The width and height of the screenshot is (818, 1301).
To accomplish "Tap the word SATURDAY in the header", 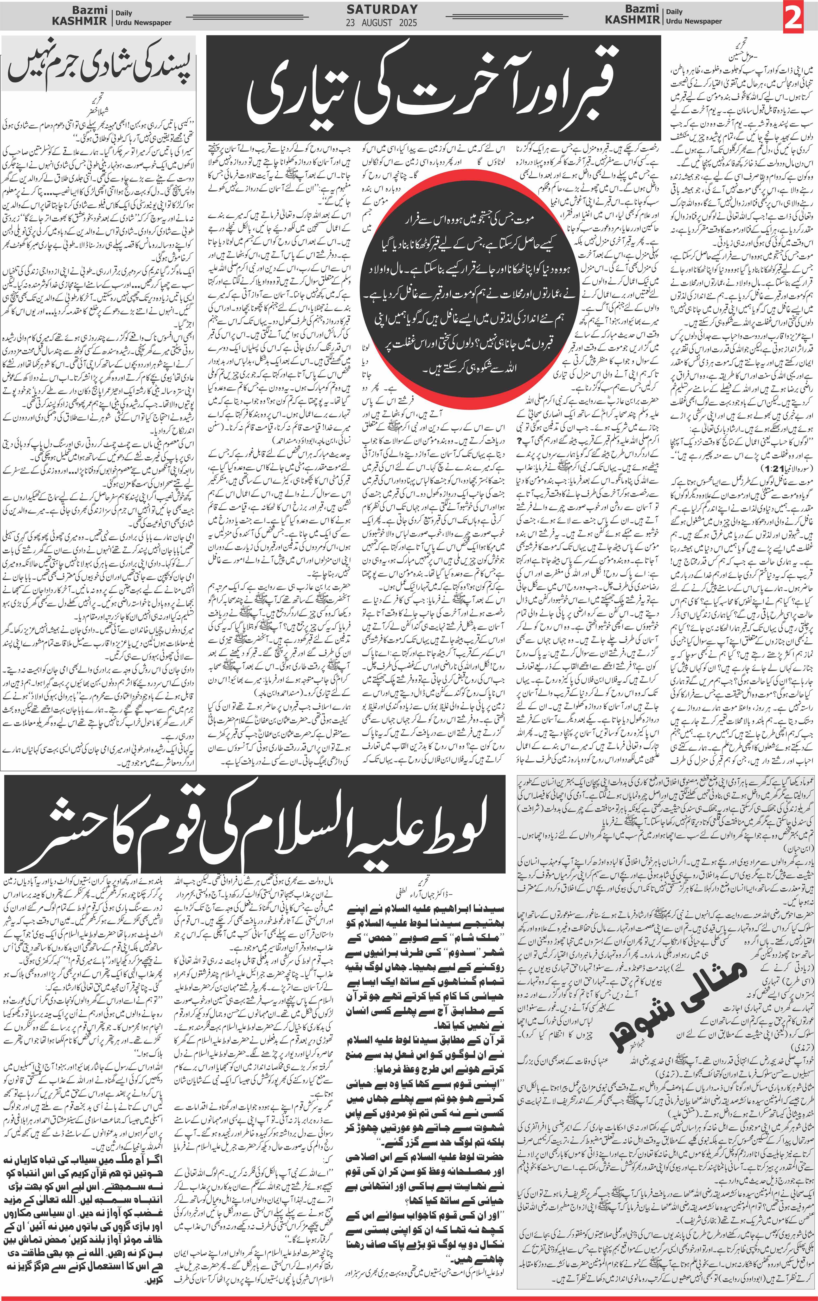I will [x=382, y=9].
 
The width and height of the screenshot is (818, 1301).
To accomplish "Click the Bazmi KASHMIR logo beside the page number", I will [x=632, y=15].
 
